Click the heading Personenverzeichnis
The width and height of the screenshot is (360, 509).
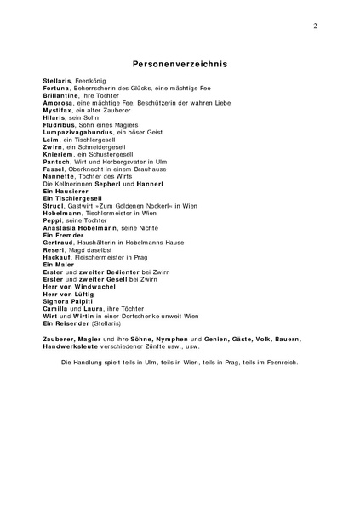(180, 63)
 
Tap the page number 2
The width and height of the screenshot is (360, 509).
(315, 26)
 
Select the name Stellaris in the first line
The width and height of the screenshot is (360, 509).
(58, 80)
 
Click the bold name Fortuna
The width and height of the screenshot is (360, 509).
(57, 88)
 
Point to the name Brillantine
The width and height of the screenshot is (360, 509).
(62, 95)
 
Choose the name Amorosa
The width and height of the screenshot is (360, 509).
(59, 103)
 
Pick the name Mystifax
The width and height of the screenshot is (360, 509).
(58, 111)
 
